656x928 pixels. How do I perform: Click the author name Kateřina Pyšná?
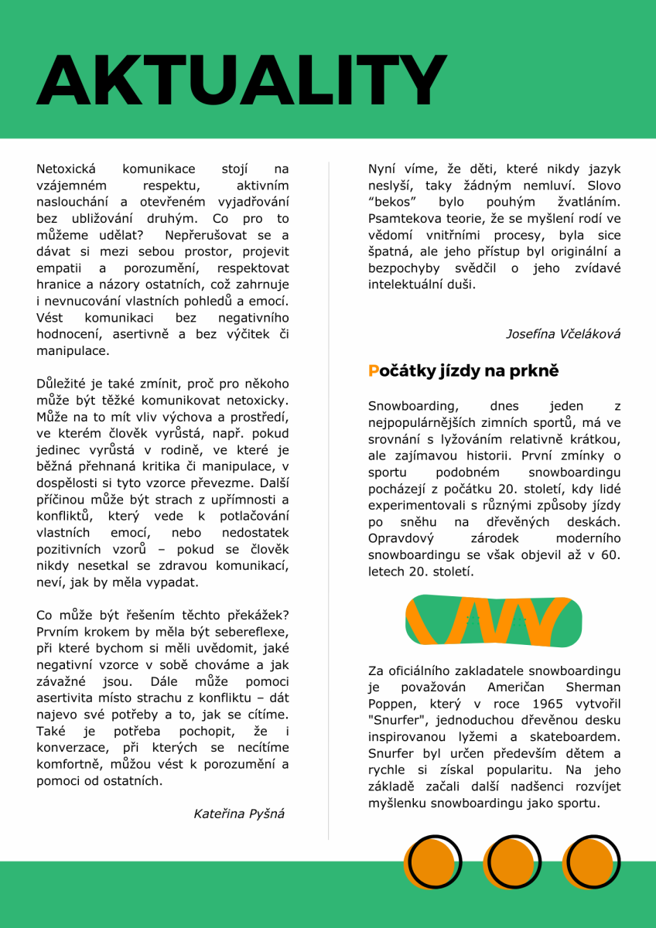point(239,814)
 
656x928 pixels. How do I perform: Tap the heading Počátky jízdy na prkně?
point(463,371)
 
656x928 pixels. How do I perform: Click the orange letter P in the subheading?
point(374,371)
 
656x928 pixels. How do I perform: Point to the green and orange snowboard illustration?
point(494,621)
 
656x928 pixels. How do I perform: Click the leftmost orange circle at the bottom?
point(432,862)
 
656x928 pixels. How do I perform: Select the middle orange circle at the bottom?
point(511,862)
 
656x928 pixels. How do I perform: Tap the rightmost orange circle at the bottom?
point(591,862)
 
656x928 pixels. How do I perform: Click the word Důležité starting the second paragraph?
point(66,384)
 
